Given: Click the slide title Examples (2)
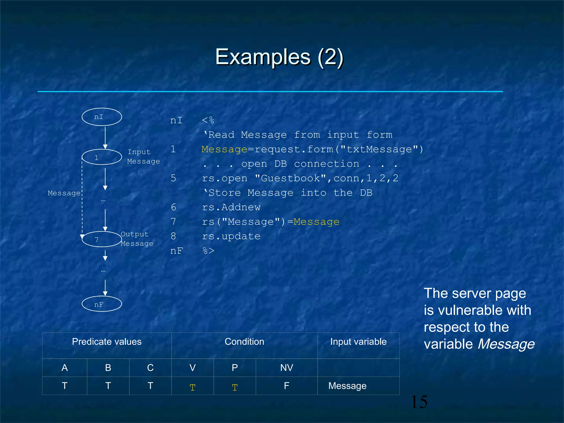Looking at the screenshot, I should pyautogui.click(x=279, y=57).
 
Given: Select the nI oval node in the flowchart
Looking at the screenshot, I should pyautogui.click(x=102, y=117).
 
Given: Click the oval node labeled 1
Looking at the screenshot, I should pyautogui.click(x=102, y=157).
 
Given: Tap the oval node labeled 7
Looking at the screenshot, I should pyautogui.click(x=102, y=239).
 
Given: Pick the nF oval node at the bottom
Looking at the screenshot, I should pyautogui.click(x=102, y=304).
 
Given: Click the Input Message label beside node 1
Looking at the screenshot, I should pyautogui.click(x=143, y=156).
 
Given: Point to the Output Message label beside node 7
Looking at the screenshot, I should pyautogui.click(x=137, y=239).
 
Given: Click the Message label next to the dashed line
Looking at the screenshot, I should pyautogui.click(x=64, y=193).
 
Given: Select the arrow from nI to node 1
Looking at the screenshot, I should pyautogui.click(x=105, y=137).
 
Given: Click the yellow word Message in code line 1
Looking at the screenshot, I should pyautogui.click(x=224, y=149).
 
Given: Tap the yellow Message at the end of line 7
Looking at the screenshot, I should pyautogui.click(x=316, y=222).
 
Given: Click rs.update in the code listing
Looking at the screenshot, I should pyautogui.click(x=231, y=236).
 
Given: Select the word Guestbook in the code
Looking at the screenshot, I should pyautogui.click(x=291, y=178).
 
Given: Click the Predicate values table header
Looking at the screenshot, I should pyautogui.click(x=107, y=342).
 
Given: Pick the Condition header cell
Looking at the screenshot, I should pyautogui.click(x=244, y=342).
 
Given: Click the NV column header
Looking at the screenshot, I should pyautogui.click(x=286, y=368).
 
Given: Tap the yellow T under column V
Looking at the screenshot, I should pyautogui.click(x=192, y=387).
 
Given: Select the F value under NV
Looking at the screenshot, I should pyautogui.click(x=286, y=386).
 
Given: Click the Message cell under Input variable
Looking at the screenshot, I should pyautogui.click(x=347, y=386).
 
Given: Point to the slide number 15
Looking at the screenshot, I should pyautogui.click(x=419, y=402).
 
